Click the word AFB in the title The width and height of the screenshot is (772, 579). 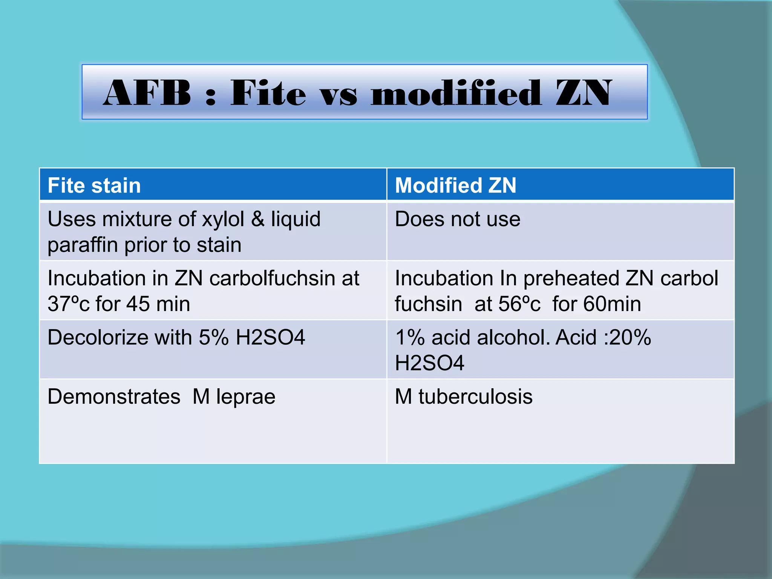tap(147, 93)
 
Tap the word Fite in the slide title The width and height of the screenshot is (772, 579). tap(268, 93)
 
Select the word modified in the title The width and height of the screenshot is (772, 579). tap(456, 93)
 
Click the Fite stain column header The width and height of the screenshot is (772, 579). tap(94, 185)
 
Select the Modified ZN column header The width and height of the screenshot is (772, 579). tap(455, 185)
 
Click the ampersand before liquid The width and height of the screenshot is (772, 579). tap(258, 219)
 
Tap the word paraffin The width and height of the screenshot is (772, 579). tap(83, 245)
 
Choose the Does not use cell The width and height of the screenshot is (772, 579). tap(457, 219)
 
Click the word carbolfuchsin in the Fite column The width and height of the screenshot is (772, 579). tap(272, 278)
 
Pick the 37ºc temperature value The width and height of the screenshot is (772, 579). tap(69, 304)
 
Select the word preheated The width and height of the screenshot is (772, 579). tap(571, 278)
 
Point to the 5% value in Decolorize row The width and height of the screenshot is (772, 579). tap(213, 337)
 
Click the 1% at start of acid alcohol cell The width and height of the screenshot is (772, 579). tap(410, 337)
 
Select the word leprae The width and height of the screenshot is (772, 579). tap(245, 397)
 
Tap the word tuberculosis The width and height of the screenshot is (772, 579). tap(475, 397)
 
